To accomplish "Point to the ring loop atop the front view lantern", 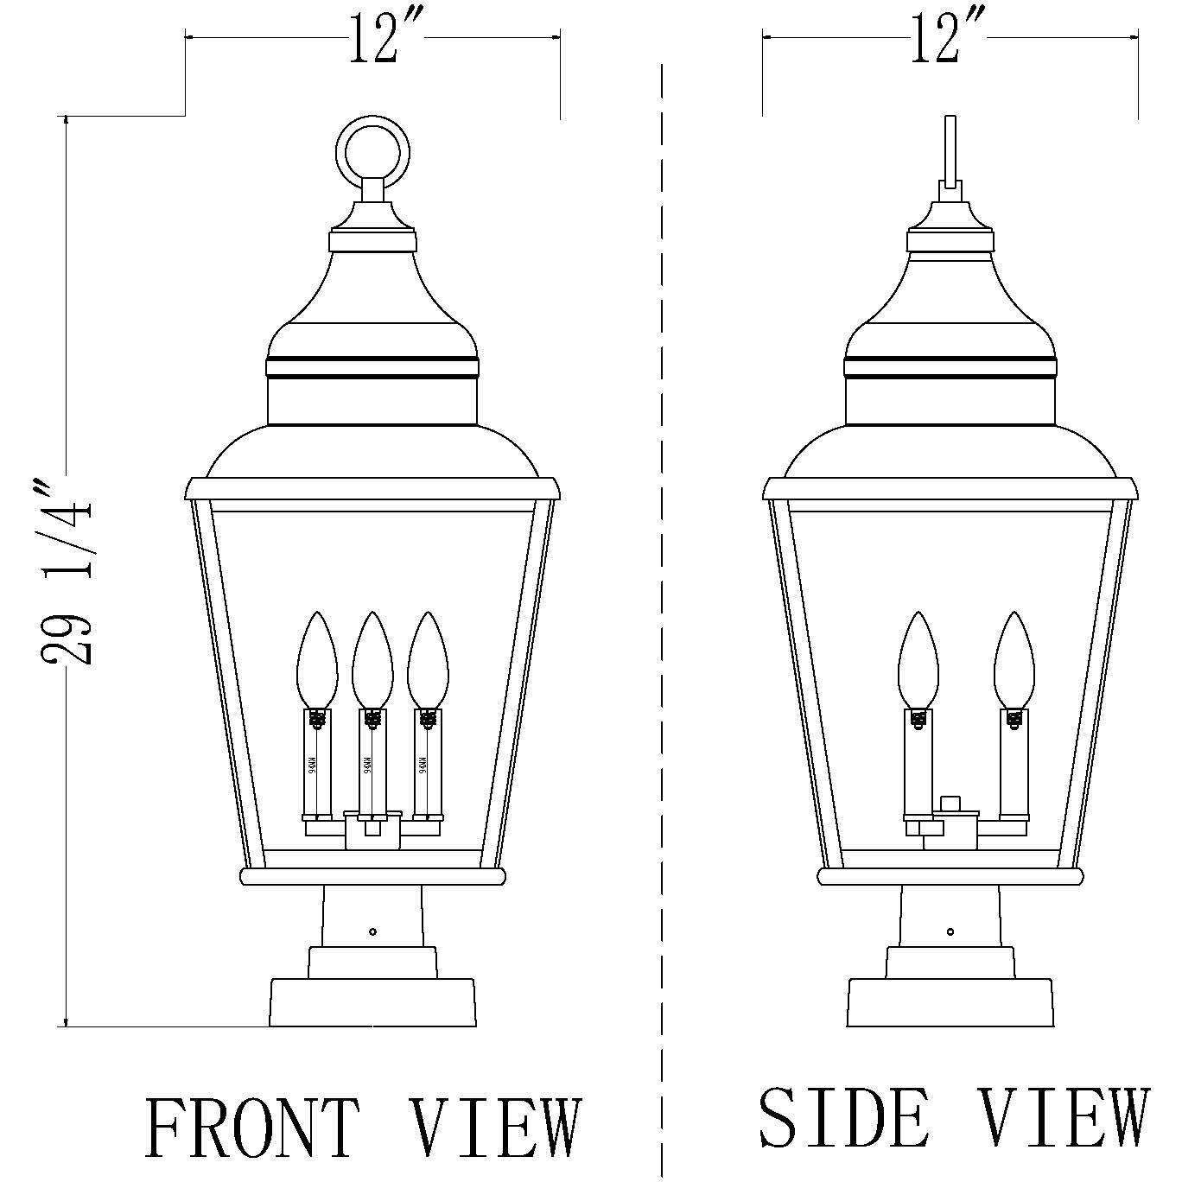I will tap(373, 150).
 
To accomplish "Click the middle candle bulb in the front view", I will tap(372, 659).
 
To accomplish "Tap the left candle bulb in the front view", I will tap(317, 659).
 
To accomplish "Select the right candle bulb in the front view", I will tap(429, 659).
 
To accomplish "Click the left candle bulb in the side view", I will tap(918, 659).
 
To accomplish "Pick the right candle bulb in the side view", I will tap(1014, 659).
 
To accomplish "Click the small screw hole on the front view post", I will tap(372, 931).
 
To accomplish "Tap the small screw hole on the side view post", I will tap(950, 931).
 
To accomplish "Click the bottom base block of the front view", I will tap(372, 1002).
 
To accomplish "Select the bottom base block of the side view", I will tap(950, 1002).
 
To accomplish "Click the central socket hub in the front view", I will tap(373, 830).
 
